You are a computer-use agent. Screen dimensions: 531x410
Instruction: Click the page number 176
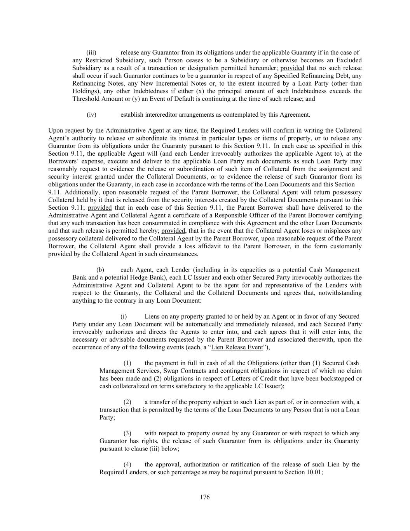click(x=205, y=497)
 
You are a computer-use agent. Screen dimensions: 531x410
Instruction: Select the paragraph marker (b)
click(x=100, y=270)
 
